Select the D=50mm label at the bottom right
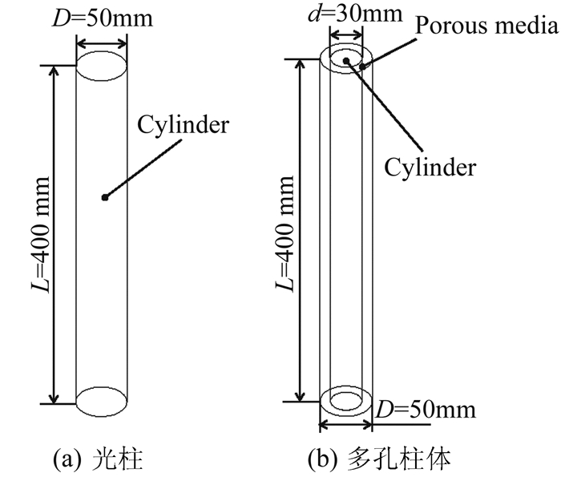point(426,410)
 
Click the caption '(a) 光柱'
point(97,459)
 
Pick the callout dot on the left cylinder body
point(103,197)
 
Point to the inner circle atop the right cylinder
point(345,59)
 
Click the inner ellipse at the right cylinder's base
point(345,400)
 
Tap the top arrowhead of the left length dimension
point(54,71)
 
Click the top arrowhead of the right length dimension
point(300,64)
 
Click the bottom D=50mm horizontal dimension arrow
point(345,426)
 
